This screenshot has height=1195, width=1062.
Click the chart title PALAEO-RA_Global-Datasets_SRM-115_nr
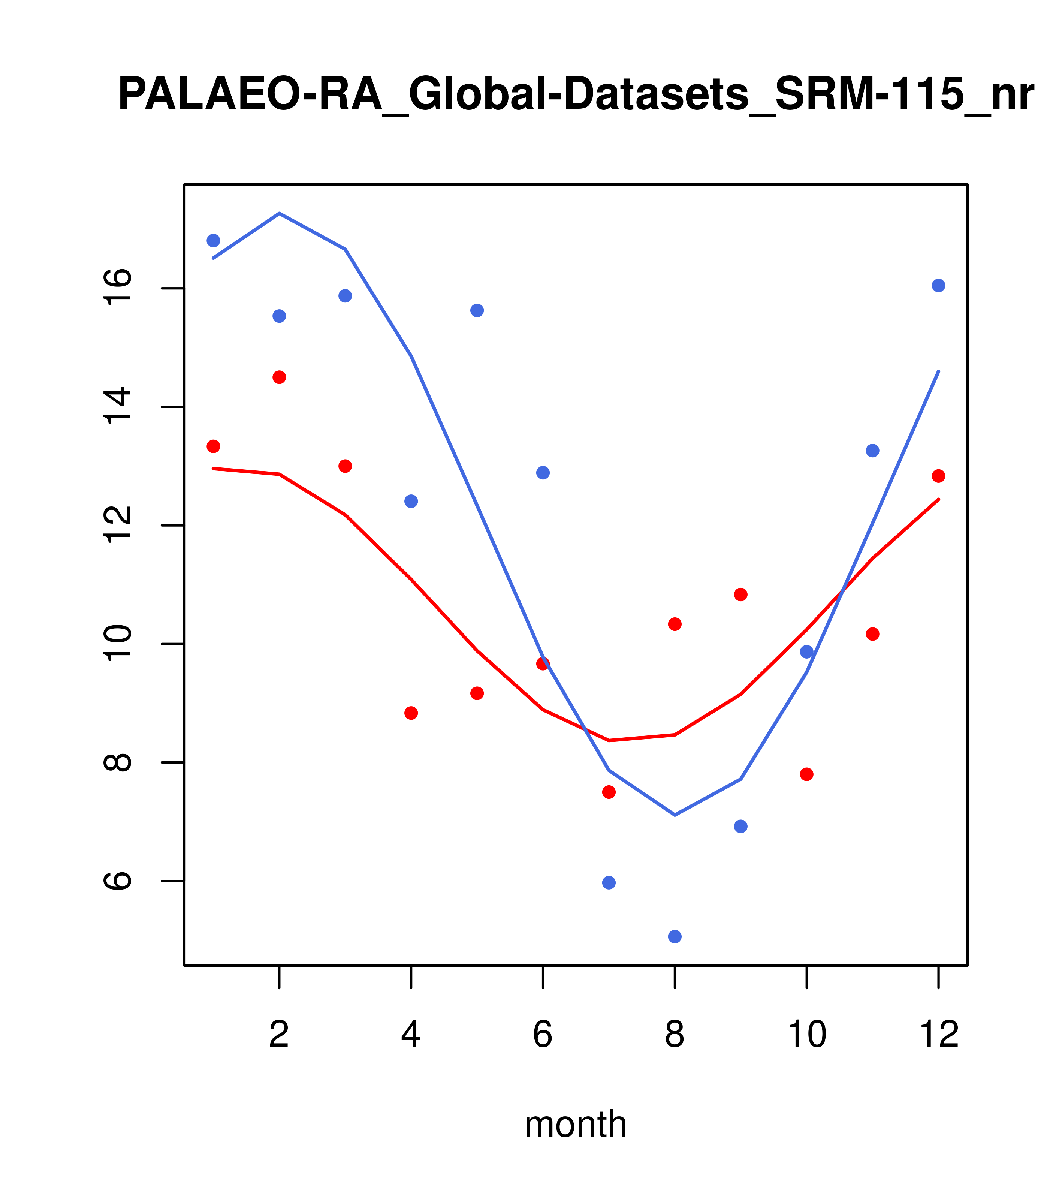click(x=576, y=95)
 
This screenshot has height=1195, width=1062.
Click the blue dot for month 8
click(x=675, y=937)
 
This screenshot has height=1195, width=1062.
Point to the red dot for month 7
click(x=609, y=792)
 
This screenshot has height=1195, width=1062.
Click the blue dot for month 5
click(x=477, y=310)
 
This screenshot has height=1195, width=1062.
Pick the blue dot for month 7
click(x=609, y=882)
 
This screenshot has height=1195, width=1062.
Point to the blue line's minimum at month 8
click(x=675, y=815)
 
